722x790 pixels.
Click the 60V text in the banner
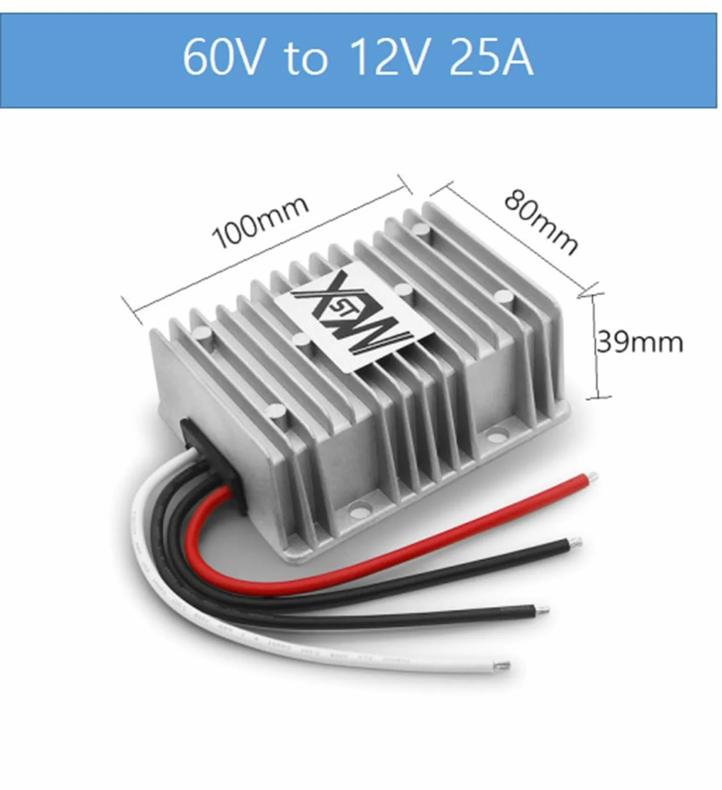pos(222,57)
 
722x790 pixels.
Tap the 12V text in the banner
pos(390,57)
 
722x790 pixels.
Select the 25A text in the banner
pos(491,57)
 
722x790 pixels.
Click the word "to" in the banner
pos(306,58)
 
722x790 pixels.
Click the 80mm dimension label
pos(541,222)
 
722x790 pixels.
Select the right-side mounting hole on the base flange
pos(498,432)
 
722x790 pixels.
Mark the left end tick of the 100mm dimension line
pos(131,310)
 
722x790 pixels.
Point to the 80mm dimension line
pos(514,239)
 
